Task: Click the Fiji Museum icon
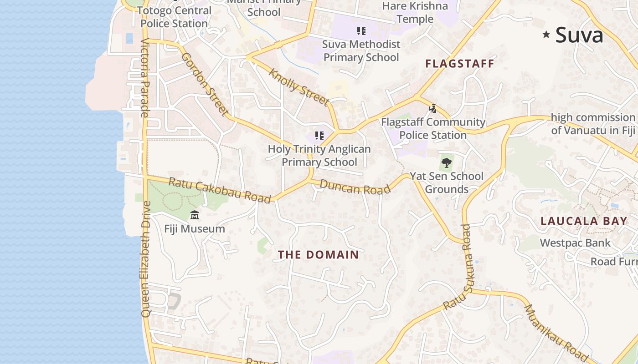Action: click(195, 215)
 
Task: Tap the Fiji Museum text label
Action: click(195, 229)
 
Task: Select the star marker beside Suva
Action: click(546, 35)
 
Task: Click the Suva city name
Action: click(579, 35)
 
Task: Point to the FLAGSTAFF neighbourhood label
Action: click(460, 64)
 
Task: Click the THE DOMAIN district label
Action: click(319, 255)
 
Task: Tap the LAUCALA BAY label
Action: click(584, 222)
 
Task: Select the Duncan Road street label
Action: click(355, 187)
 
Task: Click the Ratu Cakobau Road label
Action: click(220, 190)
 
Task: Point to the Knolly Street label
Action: click(298, 87)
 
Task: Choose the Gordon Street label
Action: click(205, 84)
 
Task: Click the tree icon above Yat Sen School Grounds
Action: click(447, 162)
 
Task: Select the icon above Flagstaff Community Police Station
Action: click(433, 109)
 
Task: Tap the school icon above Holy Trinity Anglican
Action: click(319, 136)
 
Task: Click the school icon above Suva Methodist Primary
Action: click(361, 31)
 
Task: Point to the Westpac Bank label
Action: click(575, 243)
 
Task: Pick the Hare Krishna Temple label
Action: click(415, 12)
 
